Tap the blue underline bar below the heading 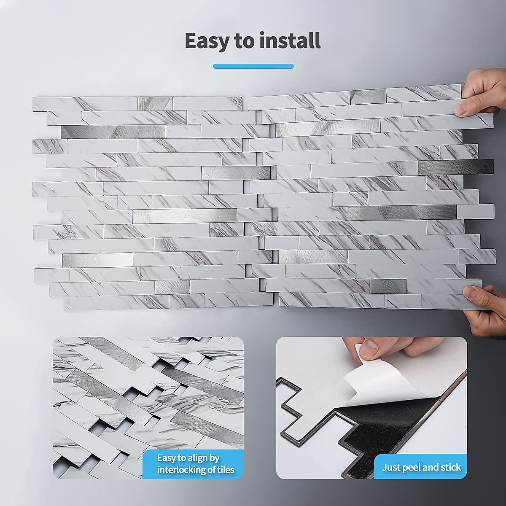pyautogui.click(x=253, y=66)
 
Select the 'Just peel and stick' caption pyautogui.click(x=421, y=467)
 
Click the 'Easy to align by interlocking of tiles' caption pyautogui.click(x=196, y=464)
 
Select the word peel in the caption pyautogui.click(x=412, y=467)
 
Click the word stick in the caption pyautogui.click(x=451, y=467)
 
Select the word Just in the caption pyautogui.click(x=391, y=467)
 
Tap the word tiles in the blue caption pyautogui.click(x=223, y=470)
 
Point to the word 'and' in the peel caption pyautogui.click(x=431, y=467)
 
